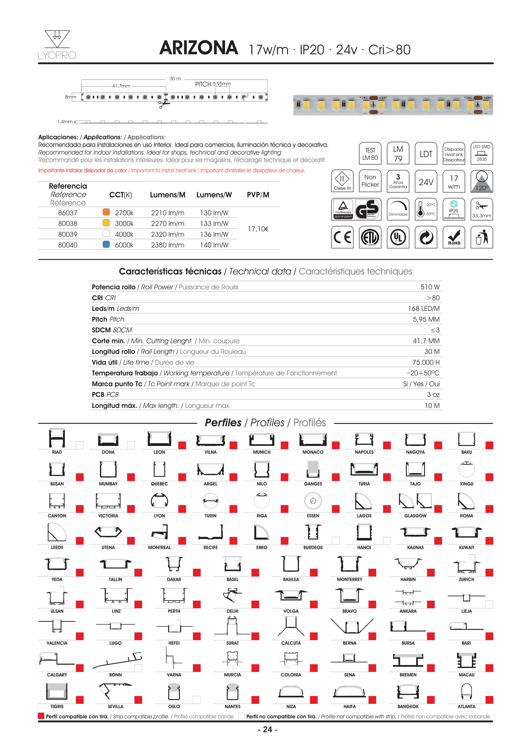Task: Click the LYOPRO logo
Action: (57, 45)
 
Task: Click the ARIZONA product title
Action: (199, 48)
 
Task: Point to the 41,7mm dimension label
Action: (121, 86)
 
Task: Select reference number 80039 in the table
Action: (68, 234)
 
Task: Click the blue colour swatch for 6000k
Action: (106, 244)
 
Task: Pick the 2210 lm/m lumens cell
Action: (168, 213)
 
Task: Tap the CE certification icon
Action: (342, 237)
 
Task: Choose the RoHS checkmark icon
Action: (454, 237)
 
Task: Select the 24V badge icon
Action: (426, 182)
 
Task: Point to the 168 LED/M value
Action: (423, 309)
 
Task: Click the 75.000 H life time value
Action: (426, 362)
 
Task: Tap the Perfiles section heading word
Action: (223, 423)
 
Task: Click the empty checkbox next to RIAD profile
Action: (80, 445)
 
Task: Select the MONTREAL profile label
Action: (159, 548)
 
